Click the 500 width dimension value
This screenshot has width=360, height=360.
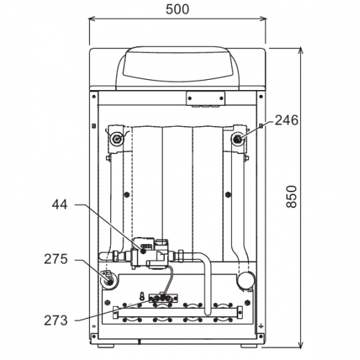[x=177, y=9]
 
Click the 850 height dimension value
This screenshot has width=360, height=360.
[x=292, y=197]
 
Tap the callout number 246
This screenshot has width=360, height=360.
[x=287, y=120]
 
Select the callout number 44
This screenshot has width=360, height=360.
[x=60, y=204]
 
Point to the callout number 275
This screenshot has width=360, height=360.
[x=55, y=259]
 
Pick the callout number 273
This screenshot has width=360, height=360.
[x=55, y=320]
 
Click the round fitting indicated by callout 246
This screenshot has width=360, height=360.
[x=238, y=138]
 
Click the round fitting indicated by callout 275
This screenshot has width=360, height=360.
[x=109, y=280]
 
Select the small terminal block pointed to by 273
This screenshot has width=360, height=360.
[x=163, y=298]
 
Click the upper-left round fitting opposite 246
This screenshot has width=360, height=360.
[x=117, y=138]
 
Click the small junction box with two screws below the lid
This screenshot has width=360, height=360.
[x=206, y=99]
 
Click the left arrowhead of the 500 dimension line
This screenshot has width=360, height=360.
[x=92, y=19]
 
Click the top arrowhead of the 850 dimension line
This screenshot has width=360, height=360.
[x=300, y=51]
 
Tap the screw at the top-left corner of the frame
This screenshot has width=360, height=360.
[x=94, y=96]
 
